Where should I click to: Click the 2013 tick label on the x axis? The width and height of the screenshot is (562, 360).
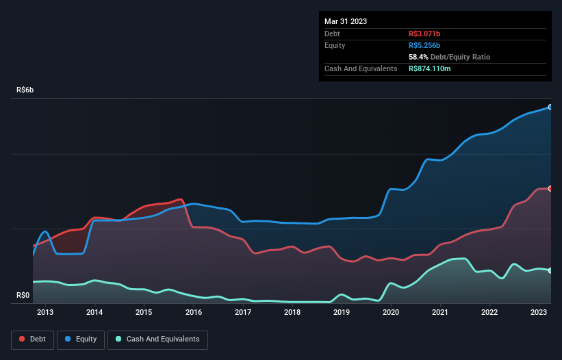pos(46,313)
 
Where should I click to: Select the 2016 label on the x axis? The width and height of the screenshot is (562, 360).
pos(194,313)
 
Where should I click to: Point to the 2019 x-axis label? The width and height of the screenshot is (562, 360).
pos(342,313)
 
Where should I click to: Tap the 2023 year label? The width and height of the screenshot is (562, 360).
pos(539,313)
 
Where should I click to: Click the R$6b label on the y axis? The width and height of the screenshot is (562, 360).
pos(26,90)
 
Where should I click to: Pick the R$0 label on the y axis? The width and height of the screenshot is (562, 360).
pos(23,296)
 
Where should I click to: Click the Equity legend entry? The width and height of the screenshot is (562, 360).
pos(81,339)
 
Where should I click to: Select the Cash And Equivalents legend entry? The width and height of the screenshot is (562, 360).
pos(157,339)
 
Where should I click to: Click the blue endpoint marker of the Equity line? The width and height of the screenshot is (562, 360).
pos(550,107)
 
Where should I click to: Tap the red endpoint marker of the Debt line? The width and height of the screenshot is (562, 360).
pos(550,188)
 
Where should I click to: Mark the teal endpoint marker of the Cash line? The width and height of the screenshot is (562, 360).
pos(550,271)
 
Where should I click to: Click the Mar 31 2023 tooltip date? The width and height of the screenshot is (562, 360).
pos(346,21)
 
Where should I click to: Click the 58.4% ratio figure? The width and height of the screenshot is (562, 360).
pos(420,57)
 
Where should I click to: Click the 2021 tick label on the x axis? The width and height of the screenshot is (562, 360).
pos(440,313)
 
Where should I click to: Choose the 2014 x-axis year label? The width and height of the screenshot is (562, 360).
pos(95,313)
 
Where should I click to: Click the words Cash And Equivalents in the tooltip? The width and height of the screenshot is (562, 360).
pos(361,68)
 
